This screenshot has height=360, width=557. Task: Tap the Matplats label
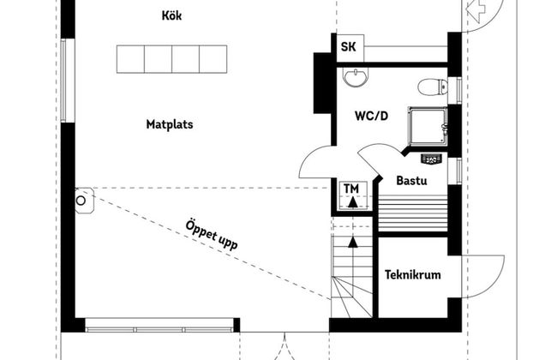coord(169,124)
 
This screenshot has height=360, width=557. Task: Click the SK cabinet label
coord(349,47)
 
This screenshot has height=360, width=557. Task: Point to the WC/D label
coord(372,116)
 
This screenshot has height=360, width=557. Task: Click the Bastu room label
coord(411,181)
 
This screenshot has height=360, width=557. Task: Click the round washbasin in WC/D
coord(354,78)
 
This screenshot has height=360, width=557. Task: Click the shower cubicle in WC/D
coord(427,126)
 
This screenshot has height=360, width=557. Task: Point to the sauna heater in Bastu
coord(430,157)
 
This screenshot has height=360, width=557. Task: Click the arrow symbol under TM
coord(350,201)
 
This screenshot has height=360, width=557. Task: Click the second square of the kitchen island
coord(158,59)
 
